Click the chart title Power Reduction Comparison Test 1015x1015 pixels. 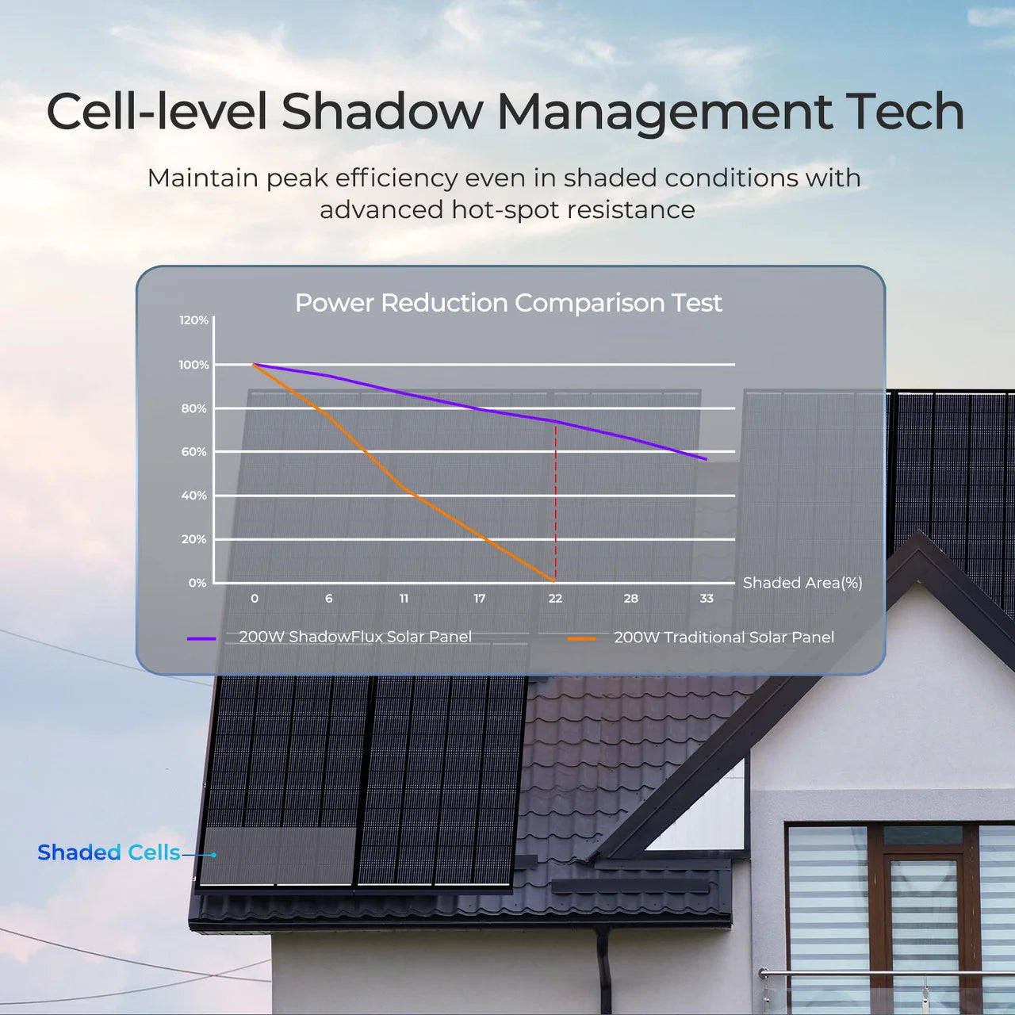(508, 303)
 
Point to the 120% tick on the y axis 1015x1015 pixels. (193, 320)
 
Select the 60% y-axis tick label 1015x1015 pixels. (193, 452)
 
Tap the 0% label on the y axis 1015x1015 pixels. (197, 583)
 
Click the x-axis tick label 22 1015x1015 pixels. (555, 599)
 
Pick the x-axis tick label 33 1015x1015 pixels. (707, 599)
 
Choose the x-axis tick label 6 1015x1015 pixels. (329, 599)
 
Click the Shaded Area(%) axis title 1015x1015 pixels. (802, 583)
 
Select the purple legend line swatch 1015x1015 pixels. (201, 638)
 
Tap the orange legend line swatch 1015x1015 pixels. (581, 638)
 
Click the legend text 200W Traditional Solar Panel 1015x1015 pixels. (724, 638)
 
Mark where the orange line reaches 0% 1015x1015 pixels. (553, 581)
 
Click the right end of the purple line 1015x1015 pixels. (705, 459)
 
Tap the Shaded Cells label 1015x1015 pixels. (109, 852)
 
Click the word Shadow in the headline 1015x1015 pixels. (382, 112)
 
